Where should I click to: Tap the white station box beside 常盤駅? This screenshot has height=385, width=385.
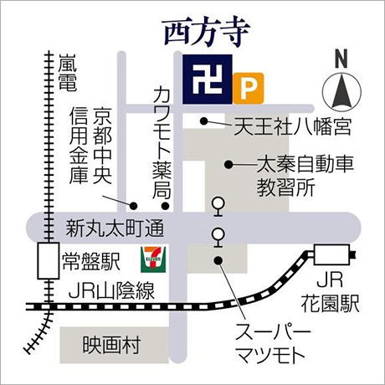tap(46, 263)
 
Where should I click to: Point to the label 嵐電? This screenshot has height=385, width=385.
tap(68, 73)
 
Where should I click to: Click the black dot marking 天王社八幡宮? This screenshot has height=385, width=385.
tap(204, 122)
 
